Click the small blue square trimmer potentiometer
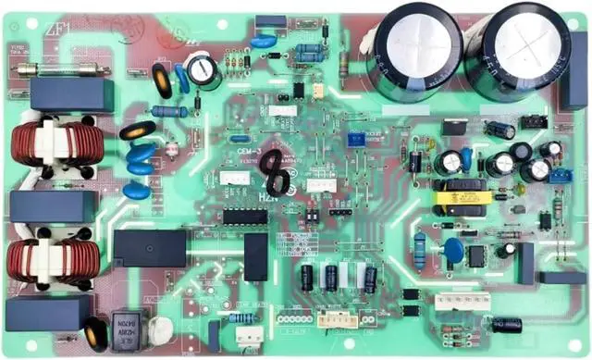(x=356, y=140)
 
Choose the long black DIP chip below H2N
(x=244, y=217)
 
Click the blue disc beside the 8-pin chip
(x=453, y=250)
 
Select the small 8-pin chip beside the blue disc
(x=475, y=255)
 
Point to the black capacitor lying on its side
(x=506, y=325)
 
